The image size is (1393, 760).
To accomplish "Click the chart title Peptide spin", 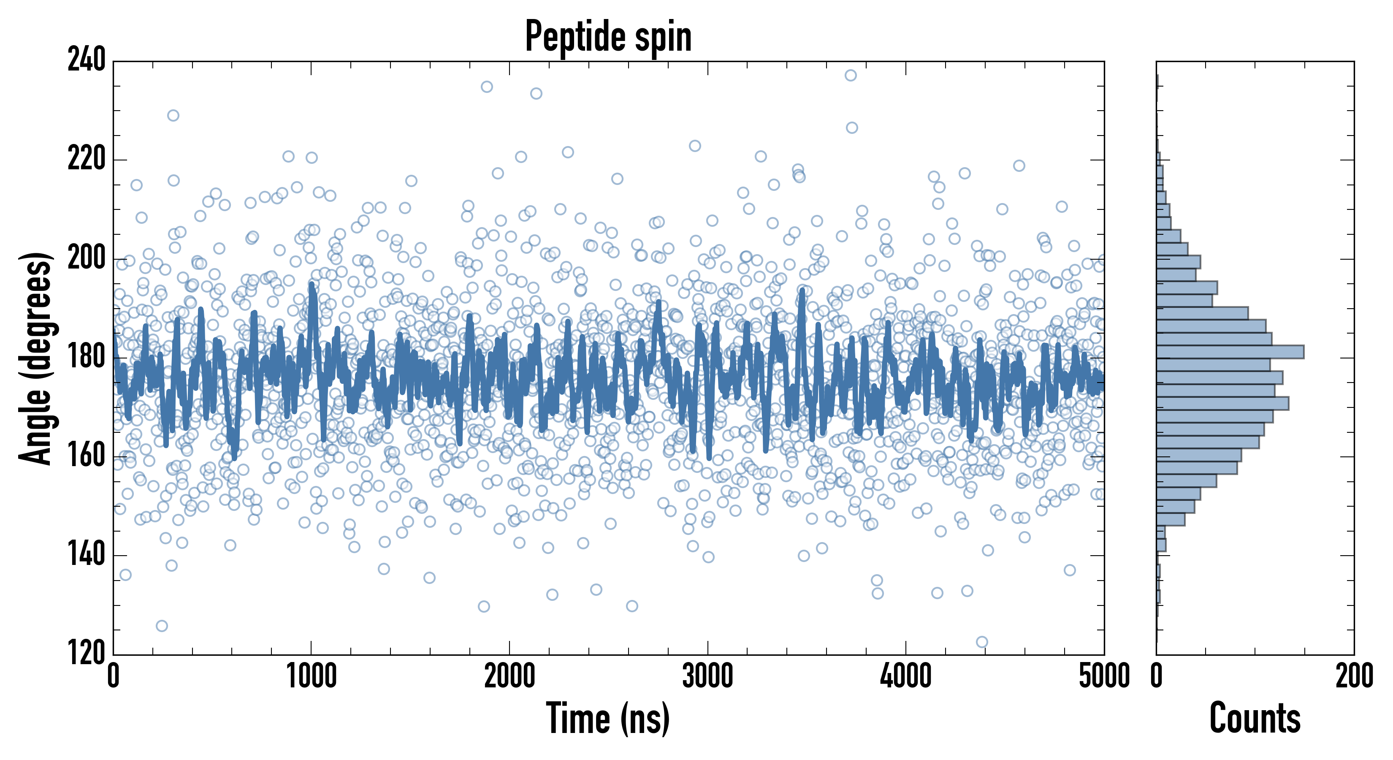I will tap(608, 36).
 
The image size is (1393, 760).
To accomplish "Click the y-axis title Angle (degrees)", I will tap(36, 358).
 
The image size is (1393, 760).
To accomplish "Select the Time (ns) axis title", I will tap(608, 718).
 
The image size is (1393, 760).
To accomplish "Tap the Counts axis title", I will tap(1255, 718).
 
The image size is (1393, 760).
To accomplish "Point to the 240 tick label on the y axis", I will tap(87, 60).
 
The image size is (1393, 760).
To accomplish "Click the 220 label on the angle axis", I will tap(87, 159).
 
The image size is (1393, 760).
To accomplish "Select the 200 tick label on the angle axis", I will tap(87, 258).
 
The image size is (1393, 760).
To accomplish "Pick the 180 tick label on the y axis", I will tap(87, 357).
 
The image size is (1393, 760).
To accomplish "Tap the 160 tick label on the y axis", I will tap(87, 456).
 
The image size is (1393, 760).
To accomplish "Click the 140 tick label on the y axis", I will tap(87, 555).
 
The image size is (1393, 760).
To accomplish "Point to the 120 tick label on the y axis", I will tap(87, 654).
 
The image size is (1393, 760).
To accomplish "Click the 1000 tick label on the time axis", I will tap(312, 676).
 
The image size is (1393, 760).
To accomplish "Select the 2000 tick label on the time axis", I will tap(510, 676).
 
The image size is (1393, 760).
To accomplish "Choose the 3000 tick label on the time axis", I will tap(707, 676).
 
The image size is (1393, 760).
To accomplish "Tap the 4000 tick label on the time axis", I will tap(906, 676).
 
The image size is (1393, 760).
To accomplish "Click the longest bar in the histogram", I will tap(1230, 352).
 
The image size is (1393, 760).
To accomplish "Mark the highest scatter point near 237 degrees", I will tap(851, 75).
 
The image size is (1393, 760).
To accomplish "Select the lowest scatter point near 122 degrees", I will tap(982, 642).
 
